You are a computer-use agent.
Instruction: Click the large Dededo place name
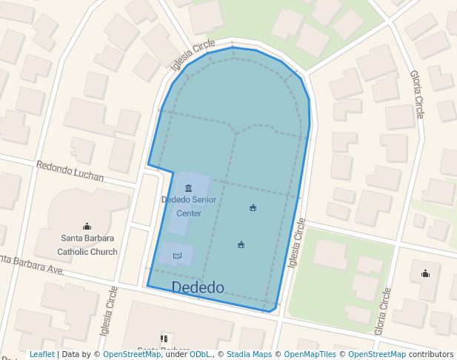tap(198, 287)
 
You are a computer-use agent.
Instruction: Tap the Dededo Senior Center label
tap(188, 206)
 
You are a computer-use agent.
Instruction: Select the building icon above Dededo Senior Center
tap(188, 188)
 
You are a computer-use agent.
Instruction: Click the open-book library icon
tap(177, 256)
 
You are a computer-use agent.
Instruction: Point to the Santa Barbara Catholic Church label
tap(87, 244)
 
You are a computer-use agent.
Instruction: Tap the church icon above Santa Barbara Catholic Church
tap(87, 227)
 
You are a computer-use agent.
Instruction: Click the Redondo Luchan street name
tap(70, 172)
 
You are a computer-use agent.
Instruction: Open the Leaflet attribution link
tap(41, 355)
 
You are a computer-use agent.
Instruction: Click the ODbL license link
tap(200, 355)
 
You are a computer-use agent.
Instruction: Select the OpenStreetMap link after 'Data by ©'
tap(132, 355)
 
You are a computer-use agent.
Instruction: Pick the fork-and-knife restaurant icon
tap(164, 339)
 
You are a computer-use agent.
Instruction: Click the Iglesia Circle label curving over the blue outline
tap(193, 56)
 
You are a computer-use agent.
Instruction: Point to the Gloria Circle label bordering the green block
tap(383, 311)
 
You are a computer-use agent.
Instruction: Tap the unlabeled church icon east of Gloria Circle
tap(425, 273)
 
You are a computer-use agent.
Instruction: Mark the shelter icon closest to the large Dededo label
tap(241, 244)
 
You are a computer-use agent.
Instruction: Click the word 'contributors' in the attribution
tap(430, 355)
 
